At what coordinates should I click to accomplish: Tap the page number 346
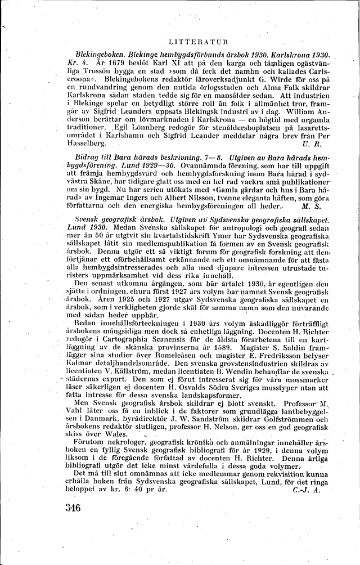(73, 508)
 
